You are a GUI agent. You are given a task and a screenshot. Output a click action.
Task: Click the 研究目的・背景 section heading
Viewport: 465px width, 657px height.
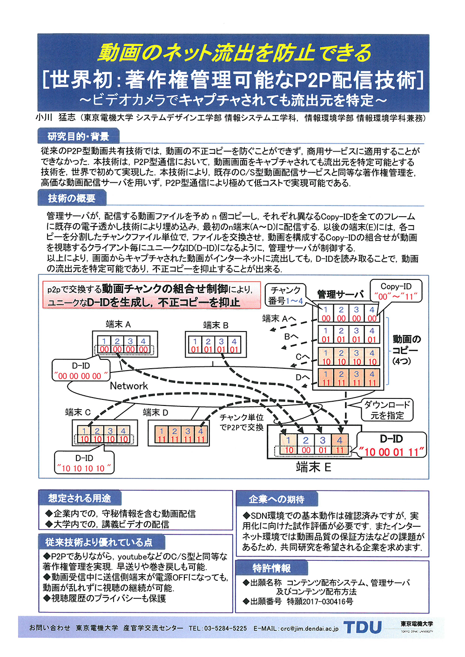78,136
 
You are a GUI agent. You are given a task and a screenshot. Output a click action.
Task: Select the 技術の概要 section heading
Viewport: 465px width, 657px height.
72,198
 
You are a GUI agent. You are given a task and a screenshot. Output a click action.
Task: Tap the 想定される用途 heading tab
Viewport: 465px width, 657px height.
80,498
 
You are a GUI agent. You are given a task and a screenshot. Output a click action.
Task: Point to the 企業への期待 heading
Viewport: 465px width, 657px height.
276,499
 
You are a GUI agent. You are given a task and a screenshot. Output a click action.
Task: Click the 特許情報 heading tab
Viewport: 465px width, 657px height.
271,568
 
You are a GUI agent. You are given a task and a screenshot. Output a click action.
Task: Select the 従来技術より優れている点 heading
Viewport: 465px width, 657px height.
99,542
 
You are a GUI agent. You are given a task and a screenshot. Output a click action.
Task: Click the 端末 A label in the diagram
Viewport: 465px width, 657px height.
118,325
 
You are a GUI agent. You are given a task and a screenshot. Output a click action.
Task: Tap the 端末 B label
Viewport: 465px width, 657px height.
216,325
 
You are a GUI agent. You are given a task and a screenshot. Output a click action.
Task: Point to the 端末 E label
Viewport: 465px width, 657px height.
313,467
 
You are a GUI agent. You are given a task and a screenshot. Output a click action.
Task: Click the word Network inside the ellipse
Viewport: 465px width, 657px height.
129,386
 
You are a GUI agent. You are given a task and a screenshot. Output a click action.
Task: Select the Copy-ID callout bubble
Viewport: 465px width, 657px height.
396,291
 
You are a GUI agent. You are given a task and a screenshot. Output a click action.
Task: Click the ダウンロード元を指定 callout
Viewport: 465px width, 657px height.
387,410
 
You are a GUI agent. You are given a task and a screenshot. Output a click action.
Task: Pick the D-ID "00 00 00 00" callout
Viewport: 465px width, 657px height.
81,371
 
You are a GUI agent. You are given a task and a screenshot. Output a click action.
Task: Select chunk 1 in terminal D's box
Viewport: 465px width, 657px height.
161,434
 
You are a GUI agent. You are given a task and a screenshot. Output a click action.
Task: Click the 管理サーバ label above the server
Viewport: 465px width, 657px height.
341,294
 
